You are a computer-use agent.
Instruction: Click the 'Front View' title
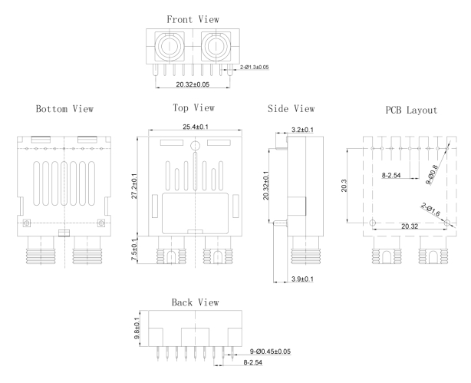pos(192,18)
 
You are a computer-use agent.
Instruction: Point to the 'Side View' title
pos(289,109)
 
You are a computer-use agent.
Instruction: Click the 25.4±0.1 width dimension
pos(196,126)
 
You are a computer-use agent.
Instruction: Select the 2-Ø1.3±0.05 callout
pos(248,68)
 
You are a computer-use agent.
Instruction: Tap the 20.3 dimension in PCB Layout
pos(353,186)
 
